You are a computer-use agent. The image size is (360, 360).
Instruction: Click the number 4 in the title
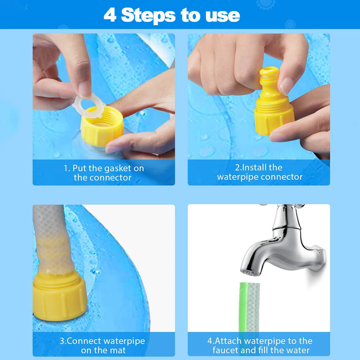[110, 15]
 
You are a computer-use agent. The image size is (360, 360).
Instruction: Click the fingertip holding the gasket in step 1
[84, 90]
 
